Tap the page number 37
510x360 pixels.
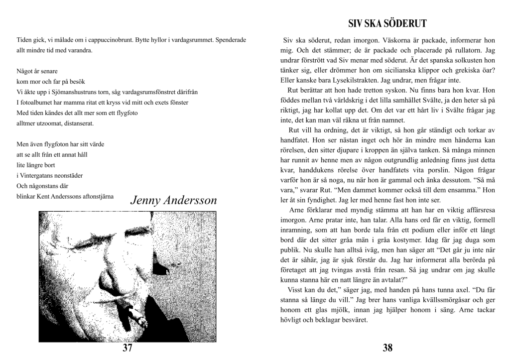coord(127,348)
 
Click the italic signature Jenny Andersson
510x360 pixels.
coord(173,200)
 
